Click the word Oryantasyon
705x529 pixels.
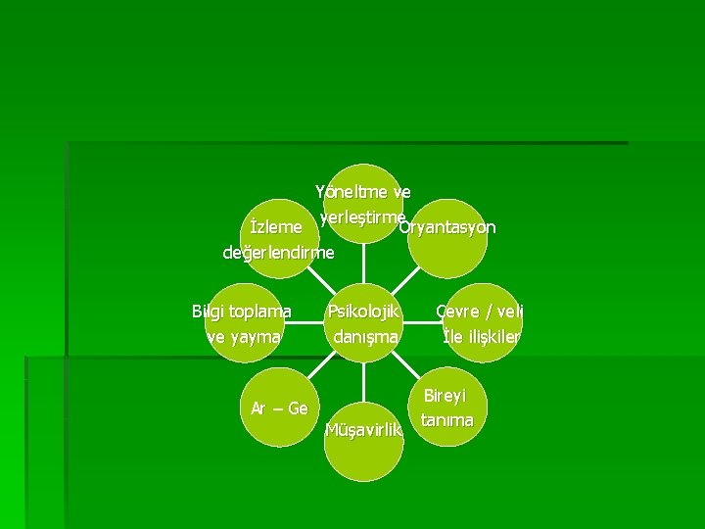coord(447,228)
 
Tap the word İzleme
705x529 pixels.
coord(276,227)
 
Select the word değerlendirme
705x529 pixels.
coord(279,253)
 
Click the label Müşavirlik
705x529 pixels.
coord(363,431)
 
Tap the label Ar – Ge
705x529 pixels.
coord(279,408)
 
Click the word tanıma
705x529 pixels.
coord(446,420)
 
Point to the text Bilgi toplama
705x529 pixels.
coord(242,312)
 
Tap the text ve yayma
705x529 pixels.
coord(243,337)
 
